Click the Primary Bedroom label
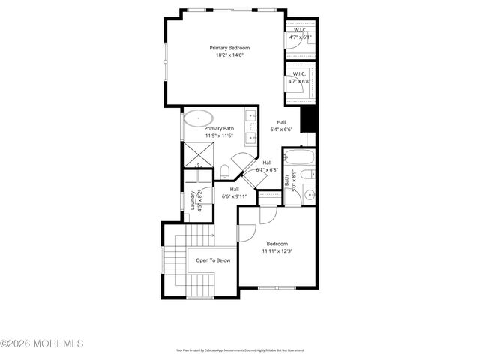pyautogui.click(x=229, y=48)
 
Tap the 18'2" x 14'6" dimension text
pyautogui.click(x=229, y=55)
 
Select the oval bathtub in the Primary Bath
pyautogui.click(x=199, y=118)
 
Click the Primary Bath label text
pyautogui.click(x=219, y=128)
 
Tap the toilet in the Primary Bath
pyautogui.click(x=225, y=170)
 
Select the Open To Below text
pyautogui.click(x=213, y=260)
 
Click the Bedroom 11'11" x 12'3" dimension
pyautogui.click(x=277, y=251)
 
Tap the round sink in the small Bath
pyautogui.click(x=309, y=196)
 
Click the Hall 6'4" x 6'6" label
pyautogui.click(x=281, y=126)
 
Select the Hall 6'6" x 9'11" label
pyautogui.click(x=234, y=193)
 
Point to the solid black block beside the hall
pyautogui.click(x=308, y=119)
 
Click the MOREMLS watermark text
pyautogui.click(x=42, y=343)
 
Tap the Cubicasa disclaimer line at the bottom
pyautogui.click(x=239, y=349)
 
